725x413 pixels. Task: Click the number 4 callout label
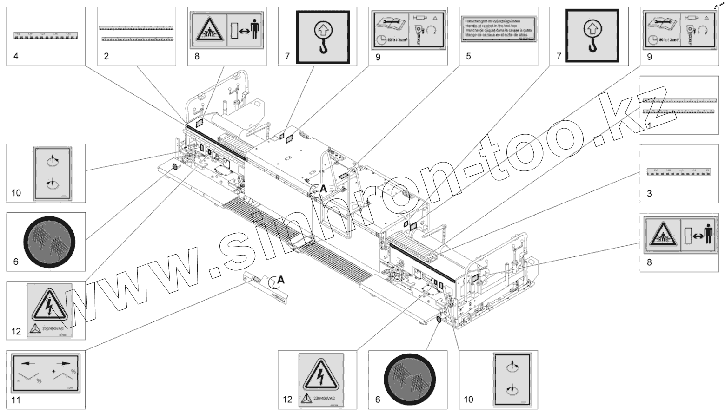[x=16, y=56]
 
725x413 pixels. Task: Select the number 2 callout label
[x=106, y=56]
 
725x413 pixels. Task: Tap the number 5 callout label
[x=468, y=56]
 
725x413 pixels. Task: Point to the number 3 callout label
[x=650, y=193]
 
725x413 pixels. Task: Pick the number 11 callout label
[x=16, y=400]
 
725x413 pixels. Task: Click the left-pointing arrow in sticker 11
[x=29, y=363]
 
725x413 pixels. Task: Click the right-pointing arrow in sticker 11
[x=63, y=363]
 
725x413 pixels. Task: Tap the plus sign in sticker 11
[x=54, y=372]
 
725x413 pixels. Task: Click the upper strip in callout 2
[x=136, y=27]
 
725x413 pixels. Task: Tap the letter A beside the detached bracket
[x=281, y=279]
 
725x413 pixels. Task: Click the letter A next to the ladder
[x=323, y=189]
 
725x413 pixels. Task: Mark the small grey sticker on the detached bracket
[x=255, y=279]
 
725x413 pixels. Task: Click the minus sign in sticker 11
[x=19, y=380]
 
